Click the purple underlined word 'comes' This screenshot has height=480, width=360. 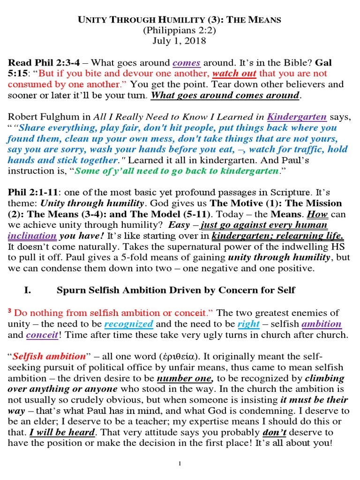tap(187, 62)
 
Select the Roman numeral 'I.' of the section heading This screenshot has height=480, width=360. tap(27, 290)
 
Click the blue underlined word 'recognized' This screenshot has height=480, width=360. tap(128, 323)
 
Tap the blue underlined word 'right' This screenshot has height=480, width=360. tap(249, 323)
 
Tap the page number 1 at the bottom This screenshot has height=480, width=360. tap(180, 464)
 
